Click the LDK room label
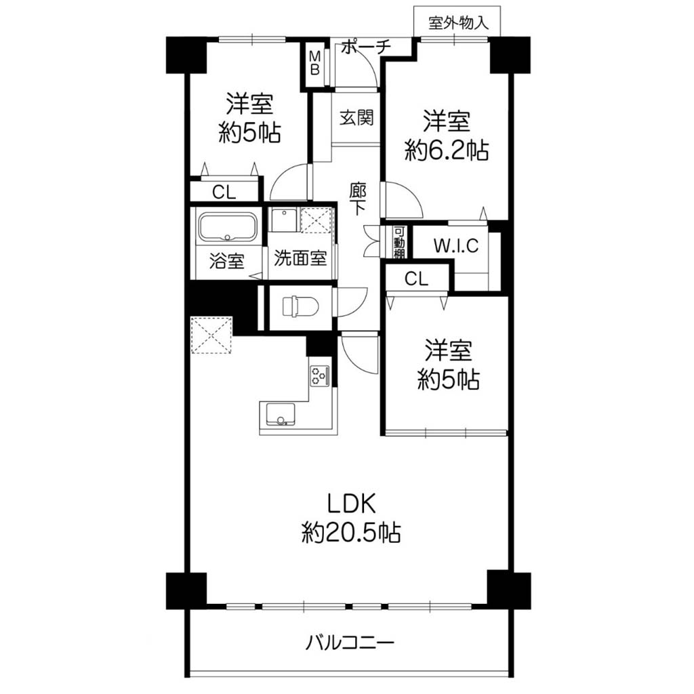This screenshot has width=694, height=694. pos(352,504)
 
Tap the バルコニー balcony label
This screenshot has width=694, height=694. pos(350,642)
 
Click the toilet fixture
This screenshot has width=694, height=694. pos(300,306)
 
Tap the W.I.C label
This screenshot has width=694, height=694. pos(456,245)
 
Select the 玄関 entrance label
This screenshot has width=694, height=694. pos(356,118)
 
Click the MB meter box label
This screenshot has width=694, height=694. pos(314,63)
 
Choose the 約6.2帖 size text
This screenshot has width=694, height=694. pos(446,151)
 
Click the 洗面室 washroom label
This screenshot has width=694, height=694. pos(300,258)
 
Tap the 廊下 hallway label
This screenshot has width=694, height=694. pos(358,199)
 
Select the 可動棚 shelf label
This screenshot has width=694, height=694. pos(399,243)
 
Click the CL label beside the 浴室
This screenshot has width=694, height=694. pos(224,192)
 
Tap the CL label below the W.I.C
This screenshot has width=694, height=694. pos(417,279)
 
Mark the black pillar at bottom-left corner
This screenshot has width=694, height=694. pos(186,591)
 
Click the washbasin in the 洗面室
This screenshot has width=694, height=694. pos(283,220)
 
